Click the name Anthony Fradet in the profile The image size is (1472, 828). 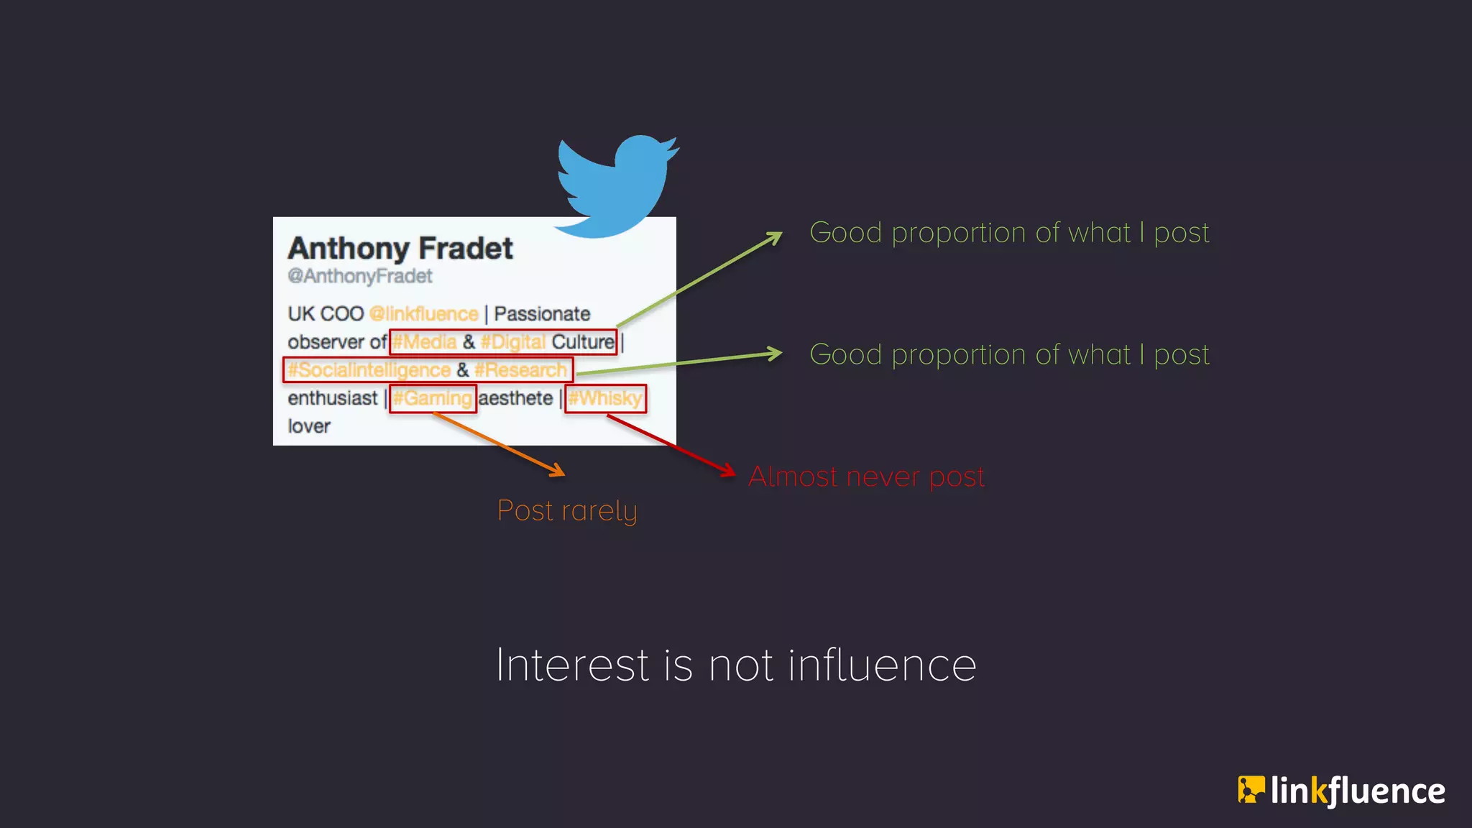click(400, 249)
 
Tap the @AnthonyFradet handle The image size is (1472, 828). click(360, 277)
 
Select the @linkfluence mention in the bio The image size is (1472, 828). click(423, 314)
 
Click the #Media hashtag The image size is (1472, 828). click(425, 342)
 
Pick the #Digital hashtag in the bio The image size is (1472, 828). click(513, 342)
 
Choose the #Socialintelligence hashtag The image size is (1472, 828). click(369, 370)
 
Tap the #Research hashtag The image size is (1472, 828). click(521, 370)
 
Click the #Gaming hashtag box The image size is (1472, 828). click(433, 398)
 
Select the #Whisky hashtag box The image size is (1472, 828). click(606, 398)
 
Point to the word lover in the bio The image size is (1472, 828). click(309, 426)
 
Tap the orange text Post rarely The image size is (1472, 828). click(567, 511)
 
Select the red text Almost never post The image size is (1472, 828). click(866, 477)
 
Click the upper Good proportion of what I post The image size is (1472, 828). click(1009, 233)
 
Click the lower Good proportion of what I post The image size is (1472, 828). click(1009, 354)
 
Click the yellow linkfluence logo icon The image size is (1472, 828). click(1251, 789)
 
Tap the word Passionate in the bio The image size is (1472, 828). click(542, 314)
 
